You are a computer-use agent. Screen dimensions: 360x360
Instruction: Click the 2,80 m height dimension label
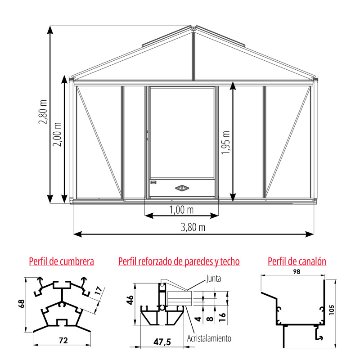pos(43,112)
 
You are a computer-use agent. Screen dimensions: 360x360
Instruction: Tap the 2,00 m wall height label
pos(57,134)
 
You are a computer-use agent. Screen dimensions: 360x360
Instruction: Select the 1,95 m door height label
pos(226,143)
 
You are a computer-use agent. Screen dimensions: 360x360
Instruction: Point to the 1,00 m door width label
pos(181,210)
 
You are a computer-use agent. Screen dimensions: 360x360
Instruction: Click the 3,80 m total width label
pos(193,227)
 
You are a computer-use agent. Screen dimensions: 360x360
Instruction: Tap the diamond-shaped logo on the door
pos(182,188)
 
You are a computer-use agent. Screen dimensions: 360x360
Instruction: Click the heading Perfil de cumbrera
pos(62,261)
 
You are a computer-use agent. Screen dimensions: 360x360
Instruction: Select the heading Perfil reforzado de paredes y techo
pos(179,261)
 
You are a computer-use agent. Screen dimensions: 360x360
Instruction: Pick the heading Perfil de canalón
pos(297,261)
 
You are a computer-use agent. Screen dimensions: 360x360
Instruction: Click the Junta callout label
pos(213,279)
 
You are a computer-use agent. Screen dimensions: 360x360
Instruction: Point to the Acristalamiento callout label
pos(209,338)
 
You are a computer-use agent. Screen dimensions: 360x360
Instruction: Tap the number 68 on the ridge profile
pos(21,303)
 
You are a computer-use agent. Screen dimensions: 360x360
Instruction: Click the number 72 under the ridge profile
pos(63,340)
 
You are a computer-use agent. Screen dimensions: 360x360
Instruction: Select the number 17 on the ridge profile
pos(98,291)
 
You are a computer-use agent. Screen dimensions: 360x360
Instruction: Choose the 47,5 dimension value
pos(162,342)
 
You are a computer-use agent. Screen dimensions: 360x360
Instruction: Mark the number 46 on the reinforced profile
pos(130,300)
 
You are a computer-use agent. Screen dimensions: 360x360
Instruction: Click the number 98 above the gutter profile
pos(297,272)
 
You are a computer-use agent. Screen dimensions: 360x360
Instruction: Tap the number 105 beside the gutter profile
pos(331,310)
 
